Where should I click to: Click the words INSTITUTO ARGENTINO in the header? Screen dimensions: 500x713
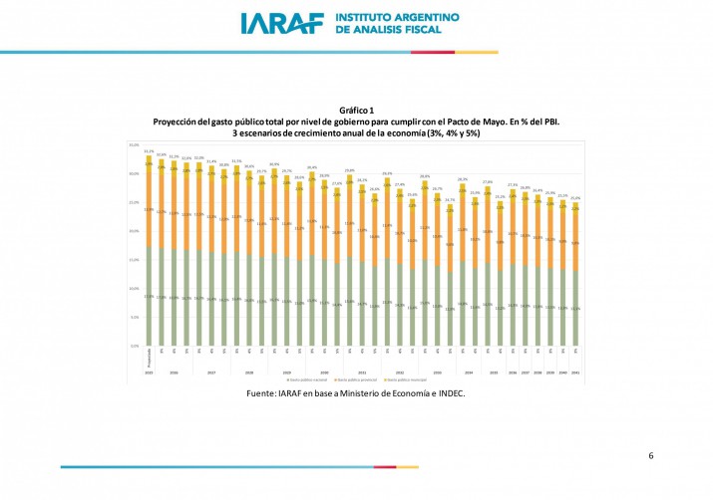(398, 18)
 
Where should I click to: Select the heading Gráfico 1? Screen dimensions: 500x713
(356, 110)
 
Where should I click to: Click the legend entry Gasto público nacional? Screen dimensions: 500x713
(308, 379)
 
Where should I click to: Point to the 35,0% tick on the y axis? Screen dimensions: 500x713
(134, 145)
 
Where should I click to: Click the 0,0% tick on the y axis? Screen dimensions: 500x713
(134, 346)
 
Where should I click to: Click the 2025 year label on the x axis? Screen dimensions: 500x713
(149, 373)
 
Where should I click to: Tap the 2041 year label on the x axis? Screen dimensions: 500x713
(575, 373)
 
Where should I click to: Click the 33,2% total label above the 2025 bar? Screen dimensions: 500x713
(149, 151)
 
